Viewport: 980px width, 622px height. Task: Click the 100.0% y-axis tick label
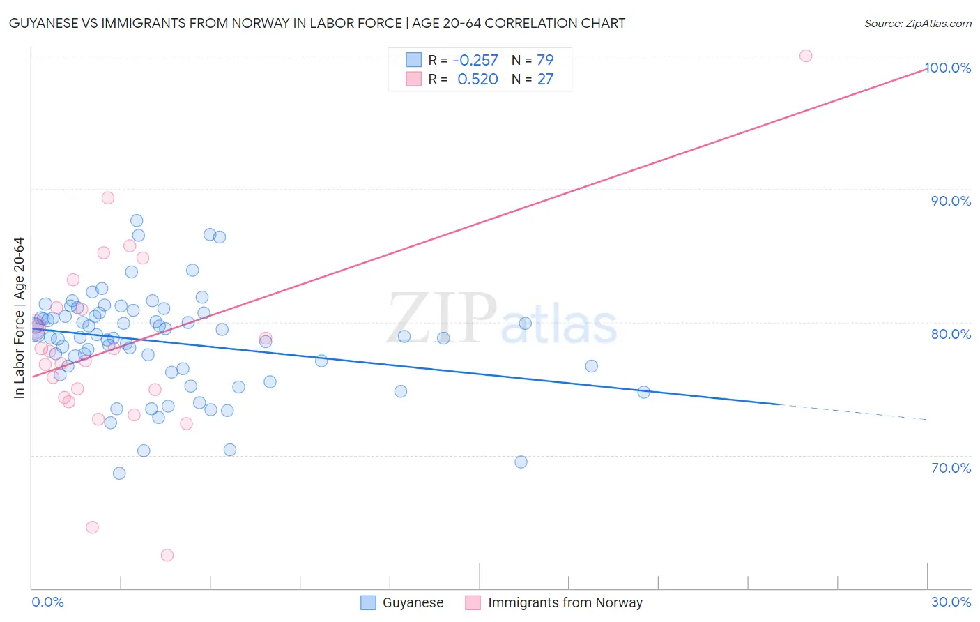[948, 68]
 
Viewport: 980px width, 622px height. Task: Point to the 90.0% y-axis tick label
[951, 201]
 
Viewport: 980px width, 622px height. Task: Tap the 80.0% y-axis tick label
[951, 334]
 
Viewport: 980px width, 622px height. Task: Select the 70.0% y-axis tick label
[951, 468]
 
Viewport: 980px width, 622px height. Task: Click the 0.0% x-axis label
[47, 602]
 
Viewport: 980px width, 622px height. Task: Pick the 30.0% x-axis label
[951, 602]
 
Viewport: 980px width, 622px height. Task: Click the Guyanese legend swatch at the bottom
[368, 602]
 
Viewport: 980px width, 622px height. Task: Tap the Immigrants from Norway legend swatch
[473, 602]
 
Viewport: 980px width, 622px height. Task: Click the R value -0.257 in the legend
[475, 60]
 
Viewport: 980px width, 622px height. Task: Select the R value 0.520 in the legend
[477, 79]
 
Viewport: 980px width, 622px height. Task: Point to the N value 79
[545, 60]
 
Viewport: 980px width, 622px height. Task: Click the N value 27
[545, 79]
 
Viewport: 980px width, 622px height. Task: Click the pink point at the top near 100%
[806, 56]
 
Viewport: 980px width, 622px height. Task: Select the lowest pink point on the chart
[167, 555]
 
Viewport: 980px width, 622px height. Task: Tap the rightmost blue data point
[644, 393]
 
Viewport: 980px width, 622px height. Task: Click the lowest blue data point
[119, 473]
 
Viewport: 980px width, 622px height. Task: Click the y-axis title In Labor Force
[19, 318]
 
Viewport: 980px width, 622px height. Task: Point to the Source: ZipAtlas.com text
[917, 24]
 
